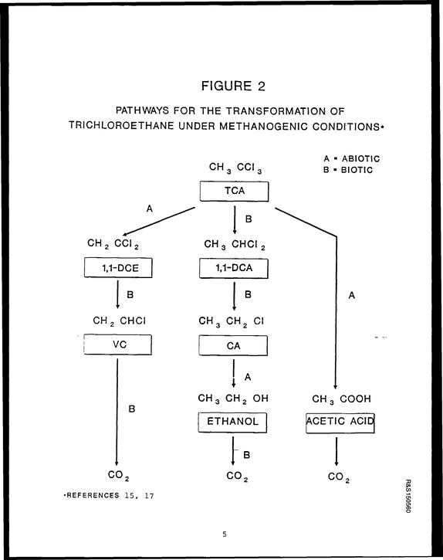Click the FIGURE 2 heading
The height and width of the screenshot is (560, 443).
click(x=233, y=86)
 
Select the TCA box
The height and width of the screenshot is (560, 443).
click(x=234, y=192)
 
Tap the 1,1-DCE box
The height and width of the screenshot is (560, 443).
click(x=118, y=268)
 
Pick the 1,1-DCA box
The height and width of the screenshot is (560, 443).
click(x=234, y=268)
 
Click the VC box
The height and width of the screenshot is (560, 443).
click(x=118, y=344)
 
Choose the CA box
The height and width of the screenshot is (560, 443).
click(x=233, y=346)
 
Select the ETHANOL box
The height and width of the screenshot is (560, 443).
click(x=233, y=423)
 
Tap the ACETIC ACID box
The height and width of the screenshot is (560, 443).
click(x=340, y=423)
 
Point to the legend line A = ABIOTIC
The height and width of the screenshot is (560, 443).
click(x=352, y=158)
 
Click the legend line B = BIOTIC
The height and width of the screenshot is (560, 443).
click(x=348, y=170)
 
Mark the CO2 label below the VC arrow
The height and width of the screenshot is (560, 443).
click(x=119, y=476)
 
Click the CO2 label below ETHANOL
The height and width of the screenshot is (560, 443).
click(x=237, y=477)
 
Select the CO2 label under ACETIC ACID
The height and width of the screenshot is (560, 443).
click(x=339, y=477)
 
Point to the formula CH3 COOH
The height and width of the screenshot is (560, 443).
click(x=342, y=399)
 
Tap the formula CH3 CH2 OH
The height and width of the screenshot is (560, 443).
click(x=233, y=399)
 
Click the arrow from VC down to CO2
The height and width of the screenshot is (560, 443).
click(x=117, y=412)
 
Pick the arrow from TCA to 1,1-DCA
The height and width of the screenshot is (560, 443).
click(x=235, y=220)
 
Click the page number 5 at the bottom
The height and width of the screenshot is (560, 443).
click(x=224, y=535)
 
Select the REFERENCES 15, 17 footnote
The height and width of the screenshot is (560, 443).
click(x=109, y=495)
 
